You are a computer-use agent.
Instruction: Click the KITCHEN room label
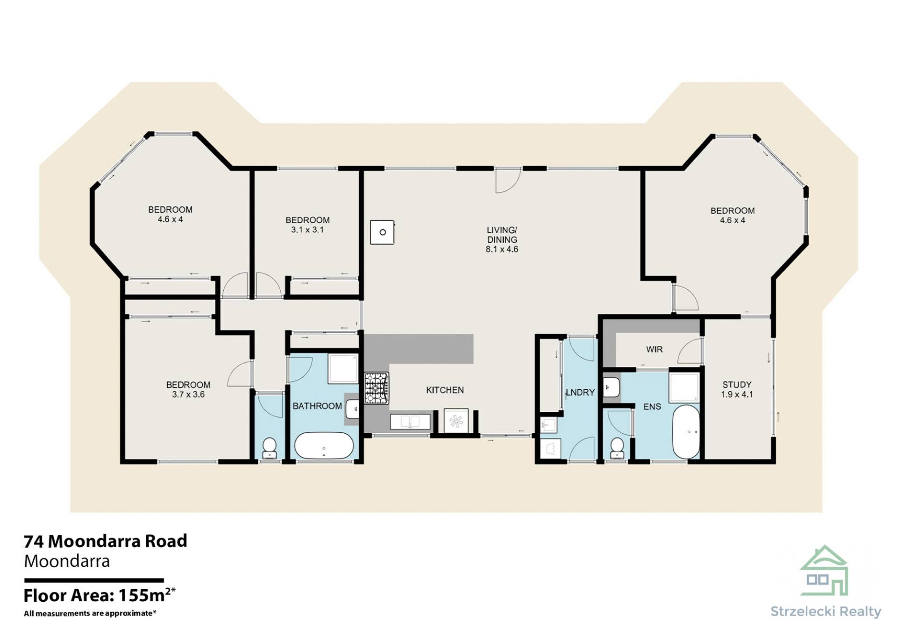point(445,390)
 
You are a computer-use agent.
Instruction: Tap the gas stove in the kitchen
point(377,387)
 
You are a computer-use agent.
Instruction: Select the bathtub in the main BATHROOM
point(324,446)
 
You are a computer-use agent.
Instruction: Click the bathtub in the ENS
point(686,432)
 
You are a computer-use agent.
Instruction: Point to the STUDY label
point(737,385)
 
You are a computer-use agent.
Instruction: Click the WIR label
point(654,349)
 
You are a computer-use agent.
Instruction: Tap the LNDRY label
point(580,392)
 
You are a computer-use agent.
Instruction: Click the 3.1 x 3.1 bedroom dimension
point(307,230)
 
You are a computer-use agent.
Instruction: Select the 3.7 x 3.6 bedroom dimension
point(188,394)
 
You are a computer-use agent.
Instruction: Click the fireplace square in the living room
point(382,232)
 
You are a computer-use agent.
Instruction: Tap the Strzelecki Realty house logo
point(824,571)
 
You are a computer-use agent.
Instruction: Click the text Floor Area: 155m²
point(100,595)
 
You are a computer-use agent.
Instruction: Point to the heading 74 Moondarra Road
point(106,541)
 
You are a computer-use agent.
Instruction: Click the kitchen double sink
point(410,421)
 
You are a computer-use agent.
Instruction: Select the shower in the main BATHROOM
point(343,368)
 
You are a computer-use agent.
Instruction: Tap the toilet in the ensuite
point(617,448)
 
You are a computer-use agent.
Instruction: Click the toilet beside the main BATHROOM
point(270,448)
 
